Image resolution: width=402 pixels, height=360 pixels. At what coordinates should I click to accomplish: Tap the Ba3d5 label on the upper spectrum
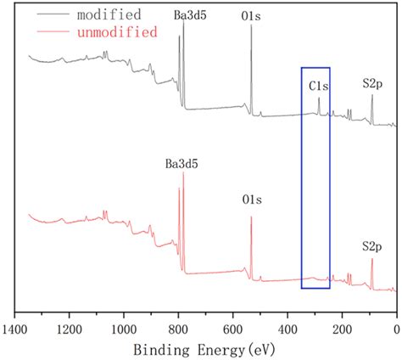183,15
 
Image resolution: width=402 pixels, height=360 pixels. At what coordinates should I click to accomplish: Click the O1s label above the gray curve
251,15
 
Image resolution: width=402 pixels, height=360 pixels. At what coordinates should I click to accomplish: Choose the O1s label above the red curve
251,201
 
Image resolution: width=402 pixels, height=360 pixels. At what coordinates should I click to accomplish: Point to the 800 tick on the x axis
178,326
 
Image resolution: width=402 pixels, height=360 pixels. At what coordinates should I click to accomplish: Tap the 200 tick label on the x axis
343,326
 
